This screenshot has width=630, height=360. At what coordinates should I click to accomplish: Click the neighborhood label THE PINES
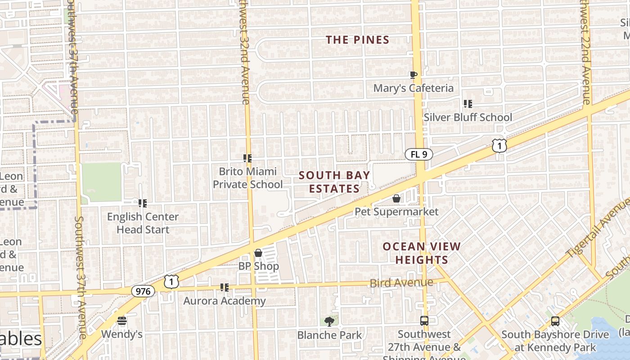[358, 40]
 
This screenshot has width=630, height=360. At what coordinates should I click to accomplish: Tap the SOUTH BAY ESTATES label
[334, 182]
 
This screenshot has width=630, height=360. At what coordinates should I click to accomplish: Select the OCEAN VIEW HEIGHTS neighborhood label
[422, 253]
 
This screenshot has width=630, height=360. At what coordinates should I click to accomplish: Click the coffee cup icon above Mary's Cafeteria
[414, 75]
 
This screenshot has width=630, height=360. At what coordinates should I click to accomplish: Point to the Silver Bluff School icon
[468, 104]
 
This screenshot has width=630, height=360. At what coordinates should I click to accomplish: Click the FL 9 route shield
[418, 154]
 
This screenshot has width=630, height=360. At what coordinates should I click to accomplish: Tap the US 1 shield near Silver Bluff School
[499, 145]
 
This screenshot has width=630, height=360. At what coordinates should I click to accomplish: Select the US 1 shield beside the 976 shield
[171, 281]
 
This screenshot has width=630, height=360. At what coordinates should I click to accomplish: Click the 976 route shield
[143, 291]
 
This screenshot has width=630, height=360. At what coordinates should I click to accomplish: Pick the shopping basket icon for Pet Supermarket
[396, 198]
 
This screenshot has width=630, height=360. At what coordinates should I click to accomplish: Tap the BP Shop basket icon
[258, 253]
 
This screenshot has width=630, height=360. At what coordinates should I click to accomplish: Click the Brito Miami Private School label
[247, 178]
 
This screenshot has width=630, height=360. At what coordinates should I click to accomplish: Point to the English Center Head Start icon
[143, 203]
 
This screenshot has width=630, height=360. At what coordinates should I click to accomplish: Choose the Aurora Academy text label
[225, 301]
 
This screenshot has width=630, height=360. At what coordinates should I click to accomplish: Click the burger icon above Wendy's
[122, 321]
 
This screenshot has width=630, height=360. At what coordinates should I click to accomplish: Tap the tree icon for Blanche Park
[329, 321]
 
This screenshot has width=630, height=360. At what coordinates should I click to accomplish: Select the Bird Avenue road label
[401, 283]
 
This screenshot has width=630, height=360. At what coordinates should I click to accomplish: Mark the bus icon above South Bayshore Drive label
[555, 321]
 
